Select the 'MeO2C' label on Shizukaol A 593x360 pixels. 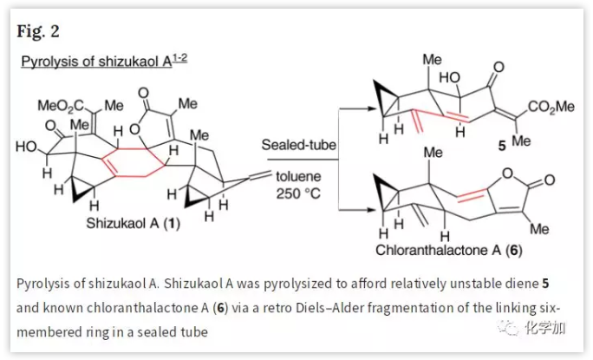[57, 106]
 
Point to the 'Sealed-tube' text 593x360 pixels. [297, 145]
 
